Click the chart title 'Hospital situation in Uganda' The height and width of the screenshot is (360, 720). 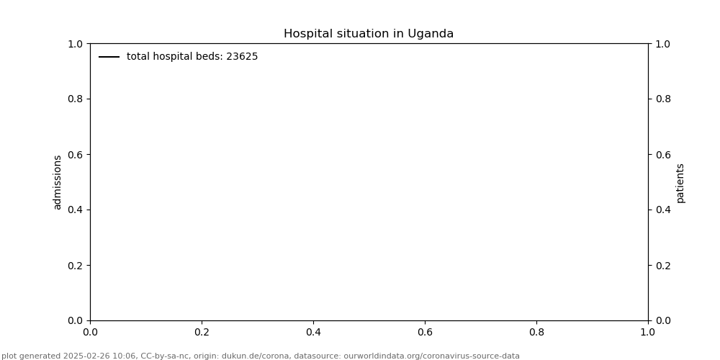point(368,34)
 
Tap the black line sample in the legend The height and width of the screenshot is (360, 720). point(109,57)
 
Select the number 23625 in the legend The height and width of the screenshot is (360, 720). point(242,57)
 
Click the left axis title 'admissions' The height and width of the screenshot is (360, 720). point(58,182)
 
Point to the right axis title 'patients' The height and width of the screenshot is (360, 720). point(680,182)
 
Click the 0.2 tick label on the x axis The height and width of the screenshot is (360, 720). point(202,332)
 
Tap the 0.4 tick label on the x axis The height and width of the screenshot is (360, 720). point(313,332)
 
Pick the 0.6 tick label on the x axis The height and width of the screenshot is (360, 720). point(425,332)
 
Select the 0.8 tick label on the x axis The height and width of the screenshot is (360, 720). point(536,332)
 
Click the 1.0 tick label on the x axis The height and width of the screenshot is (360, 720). point(648,332)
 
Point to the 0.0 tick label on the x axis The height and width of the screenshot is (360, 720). point(90,332)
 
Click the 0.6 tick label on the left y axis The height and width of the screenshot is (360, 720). point(76,154)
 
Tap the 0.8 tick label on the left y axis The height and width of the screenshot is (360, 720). point(76,99)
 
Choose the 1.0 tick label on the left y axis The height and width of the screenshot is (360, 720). point(76,43)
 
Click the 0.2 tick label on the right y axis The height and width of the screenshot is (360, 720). point(662,265)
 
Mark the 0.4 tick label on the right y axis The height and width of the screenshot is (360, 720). point(662,210)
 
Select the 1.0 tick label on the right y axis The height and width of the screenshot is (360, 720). point(662,43)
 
